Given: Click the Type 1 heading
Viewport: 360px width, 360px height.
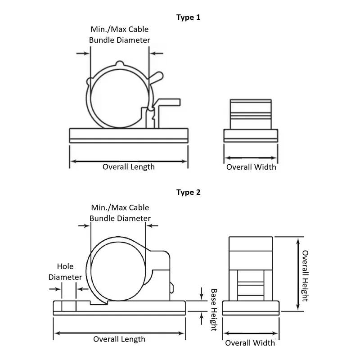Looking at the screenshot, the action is pyautogui.click(x=188, y=18).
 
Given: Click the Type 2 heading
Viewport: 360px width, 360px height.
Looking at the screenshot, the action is pyautogui.click(x=188, y=192).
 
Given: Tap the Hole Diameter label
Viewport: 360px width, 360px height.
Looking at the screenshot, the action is pyautogui.click(x=65, y=272).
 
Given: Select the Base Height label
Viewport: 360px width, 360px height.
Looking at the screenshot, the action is pyautogui.click(x=214, y=310).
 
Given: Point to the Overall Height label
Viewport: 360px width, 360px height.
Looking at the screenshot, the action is pyautogui.click(x=305, y=276).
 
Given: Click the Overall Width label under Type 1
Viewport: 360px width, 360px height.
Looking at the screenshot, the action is pyautogui.click(x=251, y=167).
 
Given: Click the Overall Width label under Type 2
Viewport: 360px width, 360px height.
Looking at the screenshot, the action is pyautogui.click(x=250, y=343).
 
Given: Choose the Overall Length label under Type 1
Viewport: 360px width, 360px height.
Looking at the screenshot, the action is pyautogui.click(x=129, y=167).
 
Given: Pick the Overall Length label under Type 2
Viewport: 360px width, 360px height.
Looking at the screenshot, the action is pyautogui.click(x=119, y=339).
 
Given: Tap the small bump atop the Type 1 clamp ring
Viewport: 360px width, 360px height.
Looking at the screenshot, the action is pyautogui.click(x=120, y=63).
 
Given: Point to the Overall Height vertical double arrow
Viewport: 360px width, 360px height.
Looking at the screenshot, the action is pyautogui.click(x=298, y=274).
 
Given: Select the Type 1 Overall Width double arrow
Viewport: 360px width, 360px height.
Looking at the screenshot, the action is pyautogui.click(x=251, y=158).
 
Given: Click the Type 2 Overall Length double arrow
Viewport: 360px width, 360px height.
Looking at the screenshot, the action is pyautogui.click(x=119, y=333).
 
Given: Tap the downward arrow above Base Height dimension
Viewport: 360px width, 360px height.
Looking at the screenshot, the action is pyautogui.click(x=201, y=293).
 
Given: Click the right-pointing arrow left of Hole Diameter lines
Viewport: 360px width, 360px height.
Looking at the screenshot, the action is pyautogui.click(x=55, y=289).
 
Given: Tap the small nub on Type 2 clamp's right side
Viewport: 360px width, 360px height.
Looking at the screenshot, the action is pyautogui.click(x=171, y=288).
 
